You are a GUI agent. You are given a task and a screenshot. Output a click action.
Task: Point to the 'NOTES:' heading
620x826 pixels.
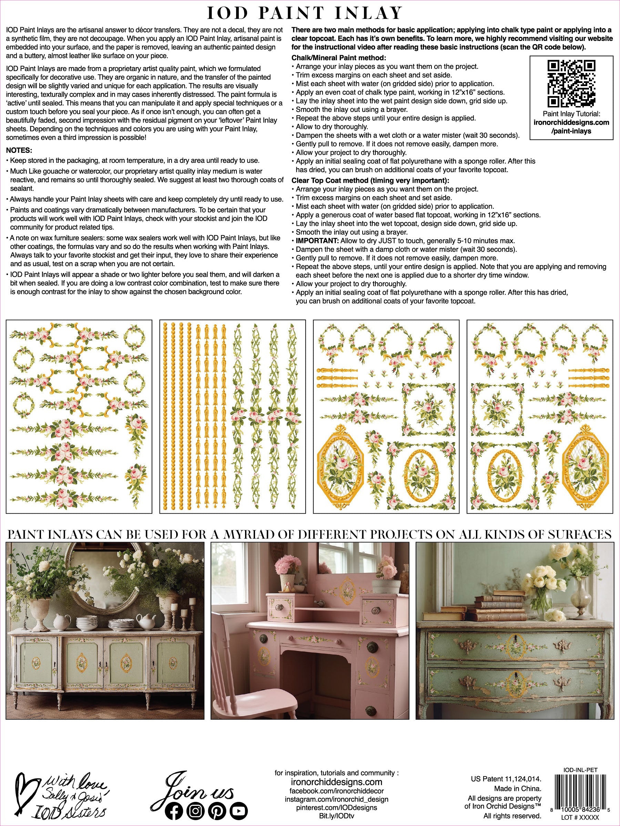[19, 150]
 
